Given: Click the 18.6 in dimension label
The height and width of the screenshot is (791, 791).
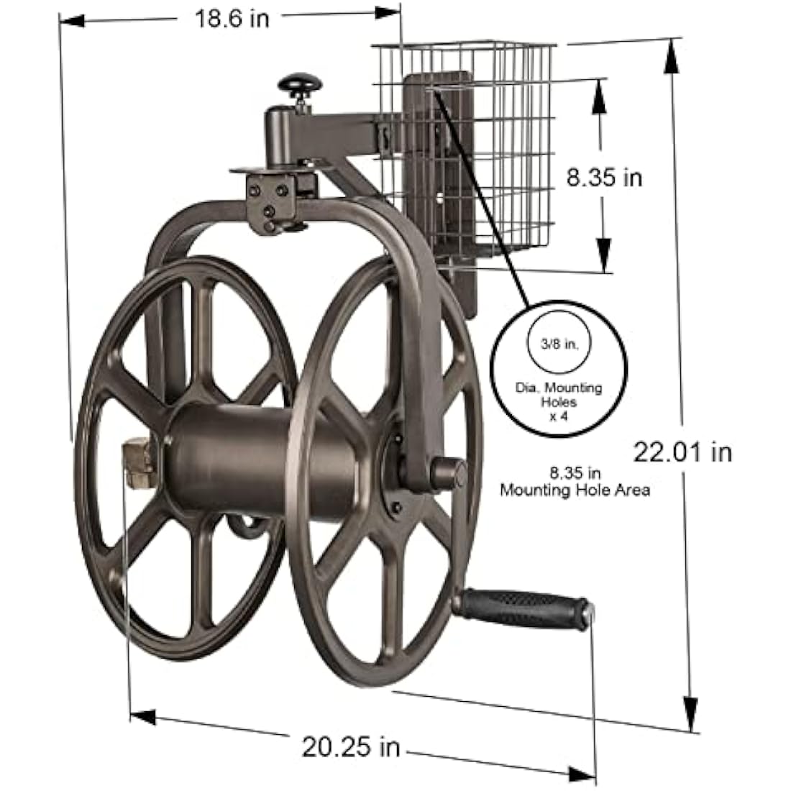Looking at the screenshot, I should click(232, 18).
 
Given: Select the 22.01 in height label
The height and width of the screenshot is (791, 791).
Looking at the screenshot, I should click(682, 452).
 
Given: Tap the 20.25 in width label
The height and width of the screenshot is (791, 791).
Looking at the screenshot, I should click(350, 747).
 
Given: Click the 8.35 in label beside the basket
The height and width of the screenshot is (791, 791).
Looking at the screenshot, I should click(604, 177).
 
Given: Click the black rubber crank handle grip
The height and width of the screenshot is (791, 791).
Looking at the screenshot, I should click(523, 608).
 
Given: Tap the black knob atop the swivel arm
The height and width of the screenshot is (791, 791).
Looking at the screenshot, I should click(301, 84).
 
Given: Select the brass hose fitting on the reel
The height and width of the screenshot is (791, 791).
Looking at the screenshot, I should click(140, 464).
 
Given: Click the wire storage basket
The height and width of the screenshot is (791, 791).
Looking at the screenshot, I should click(496, 158).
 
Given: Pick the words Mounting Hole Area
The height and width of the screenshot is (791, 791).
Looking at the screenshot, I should click(575, 490).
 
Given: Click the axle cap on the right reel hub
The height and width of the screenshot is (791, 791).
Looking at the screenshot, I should click(447, 475).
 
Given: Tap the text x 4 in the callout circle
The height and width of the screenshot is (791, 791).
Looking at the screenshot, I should click(559, 414).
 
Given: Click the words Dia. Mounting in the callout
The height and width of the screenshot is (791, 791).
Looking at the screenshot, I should click(559, 388).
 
